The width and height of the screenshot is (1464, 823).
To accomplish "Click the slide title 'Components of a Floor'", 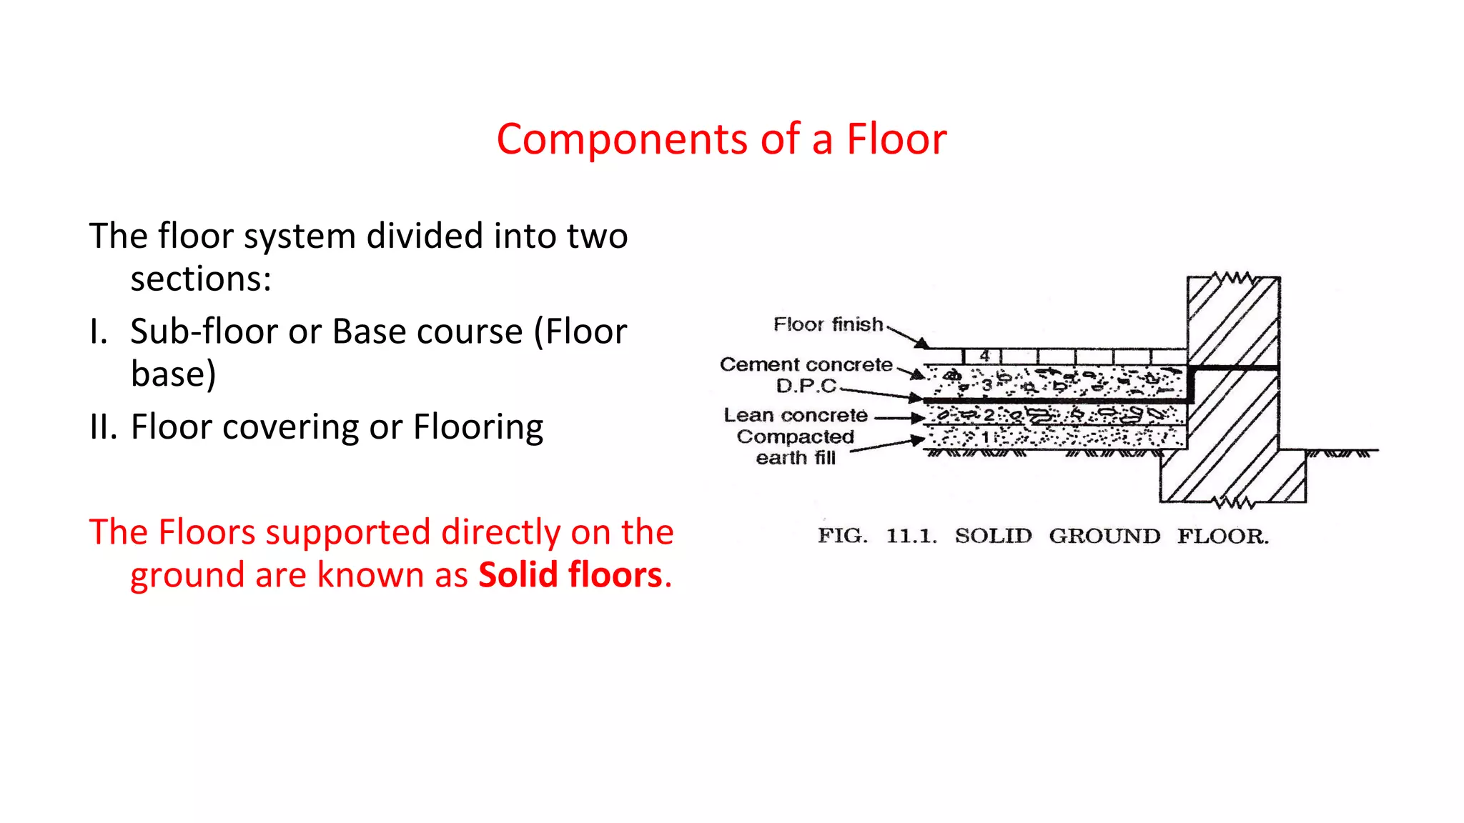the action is [x=721, y=139].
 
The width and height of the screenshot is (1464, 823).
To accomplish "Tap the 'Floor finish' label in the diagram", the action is [x=828, y=324].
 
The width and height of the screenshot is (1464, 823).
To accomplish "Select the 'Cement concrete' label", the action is [x=806, y=364].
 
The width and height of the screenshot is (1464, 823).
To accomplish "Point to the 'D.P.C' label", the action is [x=806, y=386].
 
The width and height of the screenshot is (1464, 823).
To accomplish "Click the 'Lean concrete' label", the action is [x=795, y=415].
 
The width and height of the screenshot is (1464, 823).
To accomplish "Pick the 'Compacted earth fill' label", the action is [x=795, y=447].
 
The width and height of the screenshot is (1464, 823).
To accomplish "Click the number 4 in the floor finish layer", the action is [x=984, y=356].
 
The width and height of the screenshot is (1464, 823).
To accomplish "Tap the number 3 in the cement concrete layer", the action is [x=986, y=386].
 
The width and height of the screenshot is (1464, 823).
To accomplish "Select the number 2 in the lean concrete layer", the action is [x=989, y=415].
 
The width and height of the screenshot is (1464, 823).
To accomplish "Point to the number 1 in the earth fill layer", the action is [x=985, y=437].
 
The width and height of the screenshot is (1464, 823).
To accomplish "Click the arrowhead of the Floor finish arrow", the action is [x=923, y=344].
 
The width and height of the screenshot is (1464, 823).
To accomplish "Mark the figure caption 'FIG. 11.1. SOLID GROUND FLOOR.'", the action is [x=1043, y=536].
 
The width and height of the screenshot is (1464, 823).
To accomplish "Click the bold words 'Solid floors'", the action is [x=570, y=575].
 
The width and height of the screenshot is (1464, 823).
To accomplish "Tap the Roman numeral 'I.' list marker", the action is [x=99, y=332].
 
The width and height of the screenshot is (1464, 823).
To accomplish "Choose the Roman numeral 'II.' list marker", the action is [x=103, y=427].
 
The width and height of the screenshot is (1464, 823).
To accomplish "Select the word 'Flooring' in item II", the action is [x=478, y=427].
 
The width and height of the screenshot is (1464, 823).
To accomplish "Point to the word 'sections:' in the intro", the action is [x=201, y=279].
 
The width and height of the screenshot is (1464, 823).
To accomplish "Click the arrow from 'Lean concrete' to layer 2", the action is [x=899, y=418].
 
